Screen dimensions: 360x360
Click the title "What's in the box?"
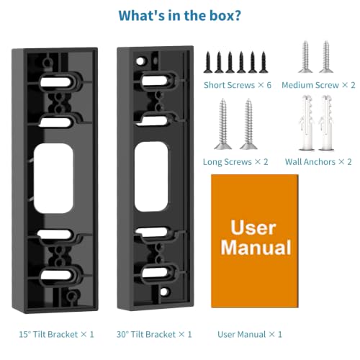[180, 16]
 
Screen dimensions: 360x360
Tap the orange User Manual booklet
[255, 241]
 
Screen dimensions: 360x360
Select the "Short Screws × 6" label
[238, 85]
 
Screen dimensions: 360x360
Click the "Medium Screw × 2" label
[318, 85]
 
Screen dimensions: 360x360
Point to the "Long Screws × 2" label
[235, 162]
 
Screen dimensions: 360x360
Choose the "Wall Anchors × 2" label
[318, 162]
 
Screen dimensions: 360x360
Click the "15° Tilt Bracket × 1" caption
[56, 334]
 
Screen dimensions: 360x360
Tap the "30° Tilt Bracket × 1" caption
[154, 334]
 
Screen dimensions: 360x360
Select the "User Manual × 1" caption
[250, 334]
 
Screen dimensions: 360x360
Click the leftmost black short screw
[208, 62]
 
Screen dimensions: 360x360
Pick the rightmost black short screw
[264, 62]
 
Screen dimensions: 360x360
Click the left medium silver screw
[305, 57]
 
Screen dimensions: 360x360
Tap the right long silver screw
[248, 124]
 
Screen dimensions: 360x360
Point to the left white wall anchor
[307, 123]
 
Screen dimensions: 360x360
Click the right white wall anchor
[326, 123]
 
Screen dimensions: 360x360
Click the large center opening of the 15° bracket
[53, 179]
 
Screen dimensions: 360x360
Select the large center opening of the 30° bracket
[151, 176]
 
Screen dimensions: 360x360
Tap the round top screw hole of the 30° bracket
[140, 61]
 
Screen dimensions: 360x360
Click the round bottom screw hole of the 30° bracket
[164, 292]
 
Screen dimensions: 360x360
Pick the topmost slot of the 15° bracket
[55, 82]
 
